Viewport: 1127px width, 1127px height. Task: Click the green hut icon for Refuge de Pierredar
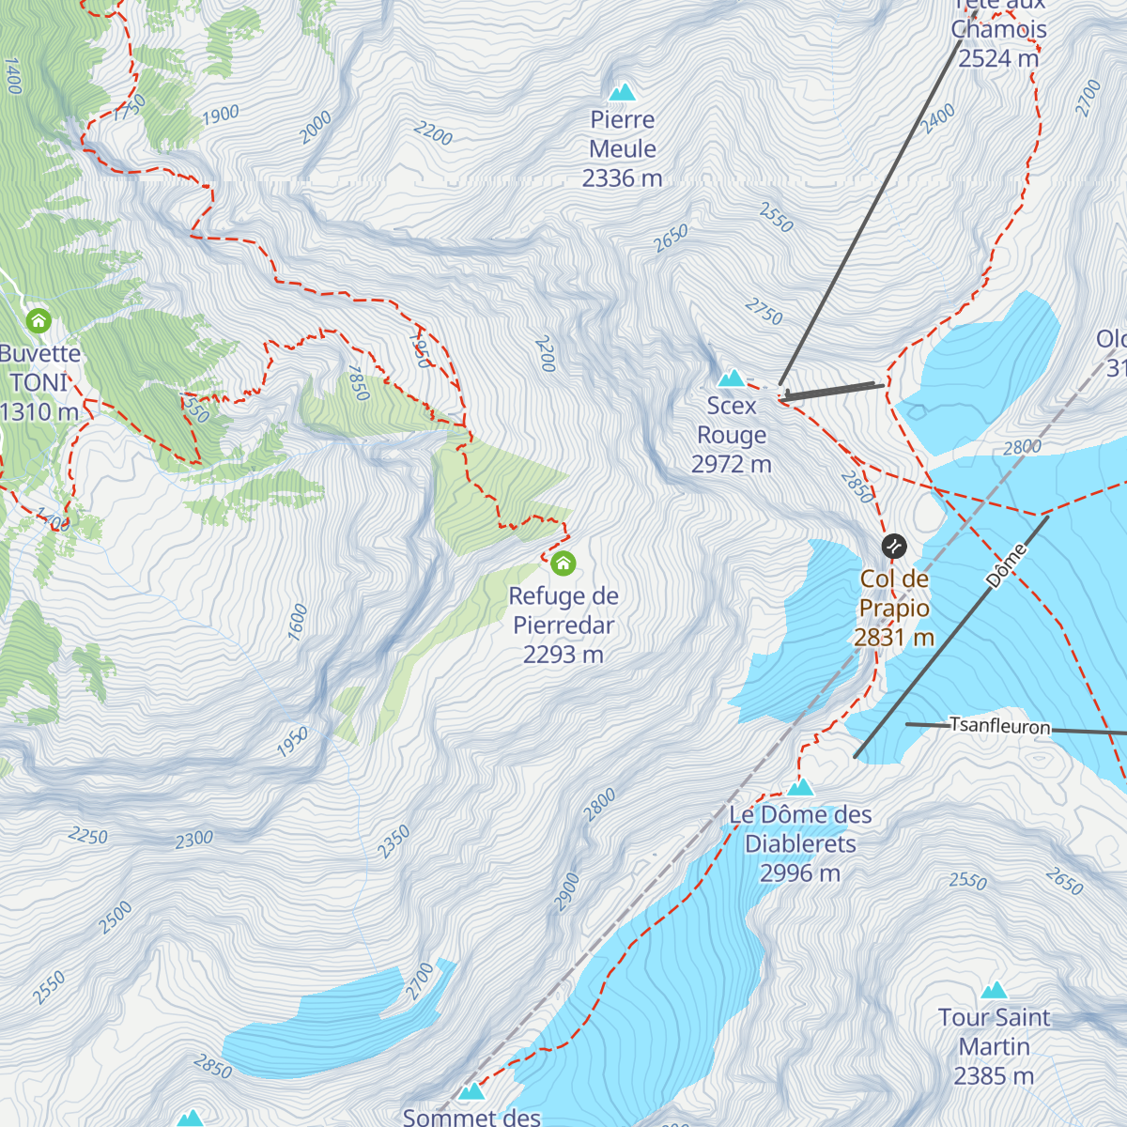tap(563, 563)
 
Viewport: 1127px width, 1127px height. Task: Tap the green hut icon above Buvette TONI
tap(39, 321)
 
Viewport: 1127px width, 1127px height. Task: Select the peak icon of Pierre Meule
tap(622, 92)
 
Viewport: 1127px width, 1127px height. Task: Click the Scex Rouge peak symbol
tap(731, 378)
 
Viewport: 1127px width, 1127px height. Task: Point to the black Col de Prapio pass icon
tap(894, 545)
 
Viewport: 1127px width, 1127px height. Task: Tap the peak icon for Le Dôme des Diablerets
tap(800, 787)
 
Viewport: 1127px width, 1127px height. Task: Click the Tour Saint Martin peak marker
tap(994, 990)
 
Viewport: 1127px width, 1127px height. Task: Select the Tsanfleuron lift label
tap(999, 725)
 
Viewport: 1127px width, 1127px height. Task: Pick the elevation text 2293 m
tap(563, 655)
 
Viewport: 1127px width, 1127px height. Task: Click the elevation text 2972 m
tap(731, 464)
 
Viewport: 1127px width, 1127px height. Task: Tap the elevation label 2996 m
tap(800, 873)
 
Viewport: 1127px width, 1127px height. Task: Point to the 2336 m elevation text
tap(622, 178)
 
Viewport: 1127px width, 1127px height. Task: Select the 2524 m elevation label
tap(998, 58)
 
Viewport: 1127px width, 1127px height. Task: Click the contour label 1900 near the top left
tap(221, 115)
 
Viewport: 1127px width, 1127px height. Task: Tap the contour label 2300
tap(194, 839)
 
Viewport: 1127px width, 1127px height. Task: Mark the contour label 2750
tap(764, 311)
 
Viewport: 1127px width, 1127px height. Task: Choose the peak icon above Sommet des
tap(471, 1092)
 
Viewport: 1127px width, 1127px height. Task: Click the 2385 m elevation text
tap(994, 1076)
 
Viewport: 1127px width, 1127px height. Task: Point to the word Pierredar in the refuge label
tap(563, 625)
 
